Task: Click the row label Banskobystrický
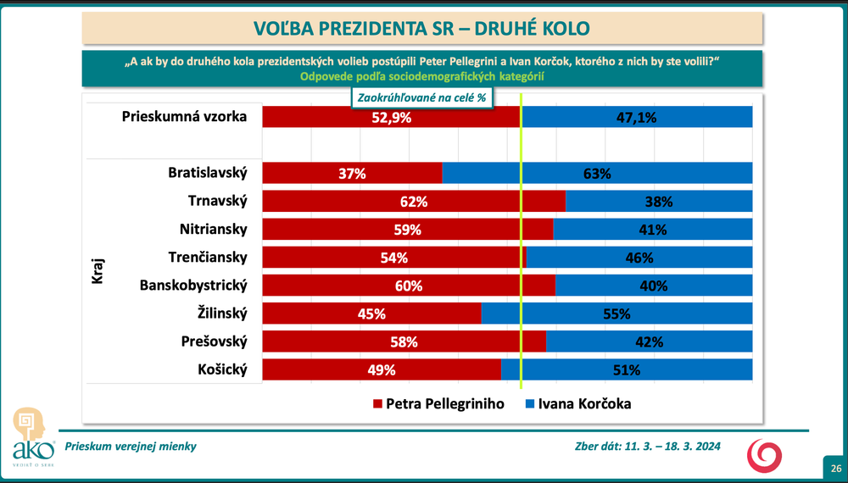click(x=193, y=286)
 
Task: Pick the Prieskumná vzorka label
click(x=184, y=117)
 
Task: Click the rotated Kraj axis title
click(x=97, y=271)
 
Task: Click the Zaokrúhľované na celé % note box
click(x=421, y=97)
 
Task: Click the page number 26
click(x=835, y=469)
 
